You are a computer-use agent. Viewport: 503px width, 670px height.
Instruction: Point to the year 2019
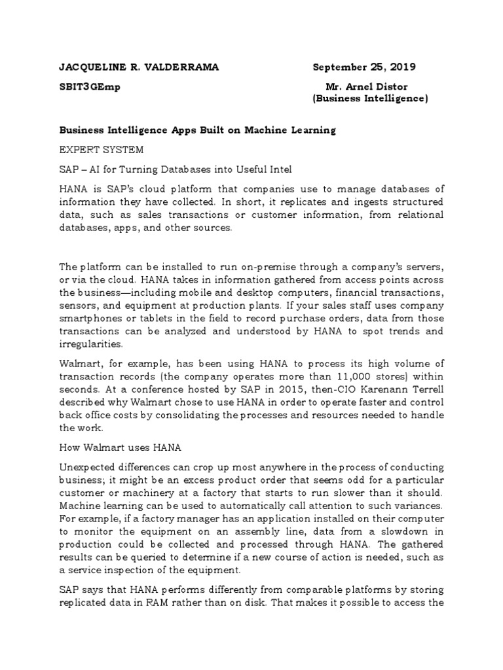click(x=401, y=67)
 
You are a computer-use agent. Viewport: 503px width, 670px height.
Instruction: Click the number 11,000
click(x=348, y=376)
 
